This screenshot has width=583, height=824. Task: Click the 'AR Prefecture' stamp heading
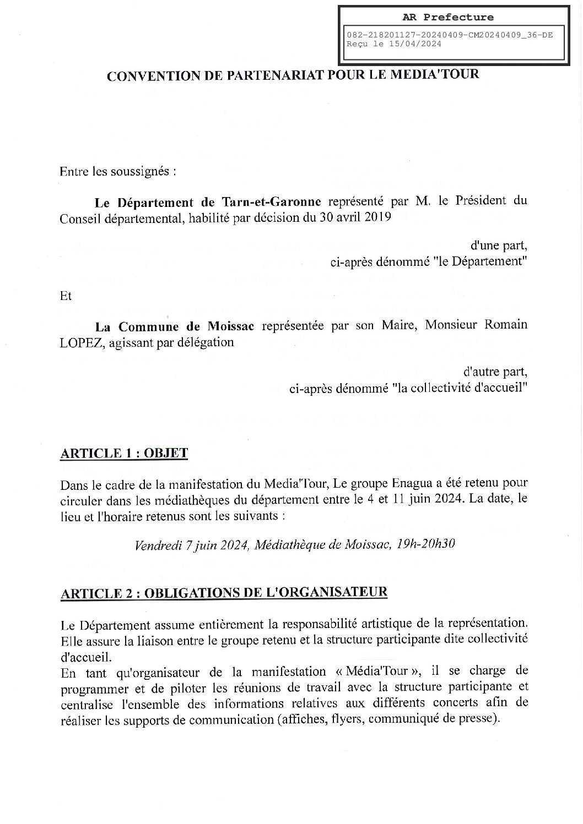pos(452,17)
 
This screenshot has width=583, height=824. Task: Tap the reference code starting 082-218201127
pos(449,35)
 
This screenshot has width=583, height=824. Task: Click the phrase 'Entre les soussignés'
pos(117,171)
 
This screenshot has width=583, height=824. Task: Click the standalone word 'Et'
pos(66,296)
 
